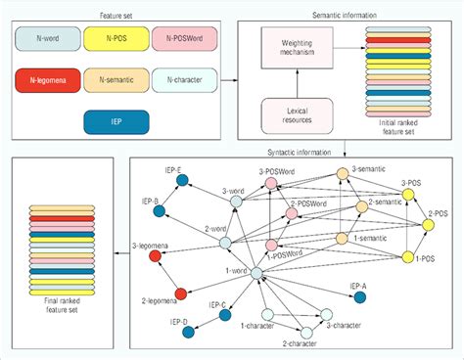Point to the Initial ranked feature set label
[x=394, y=126]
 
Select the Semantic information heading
[x=346, y=14]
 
